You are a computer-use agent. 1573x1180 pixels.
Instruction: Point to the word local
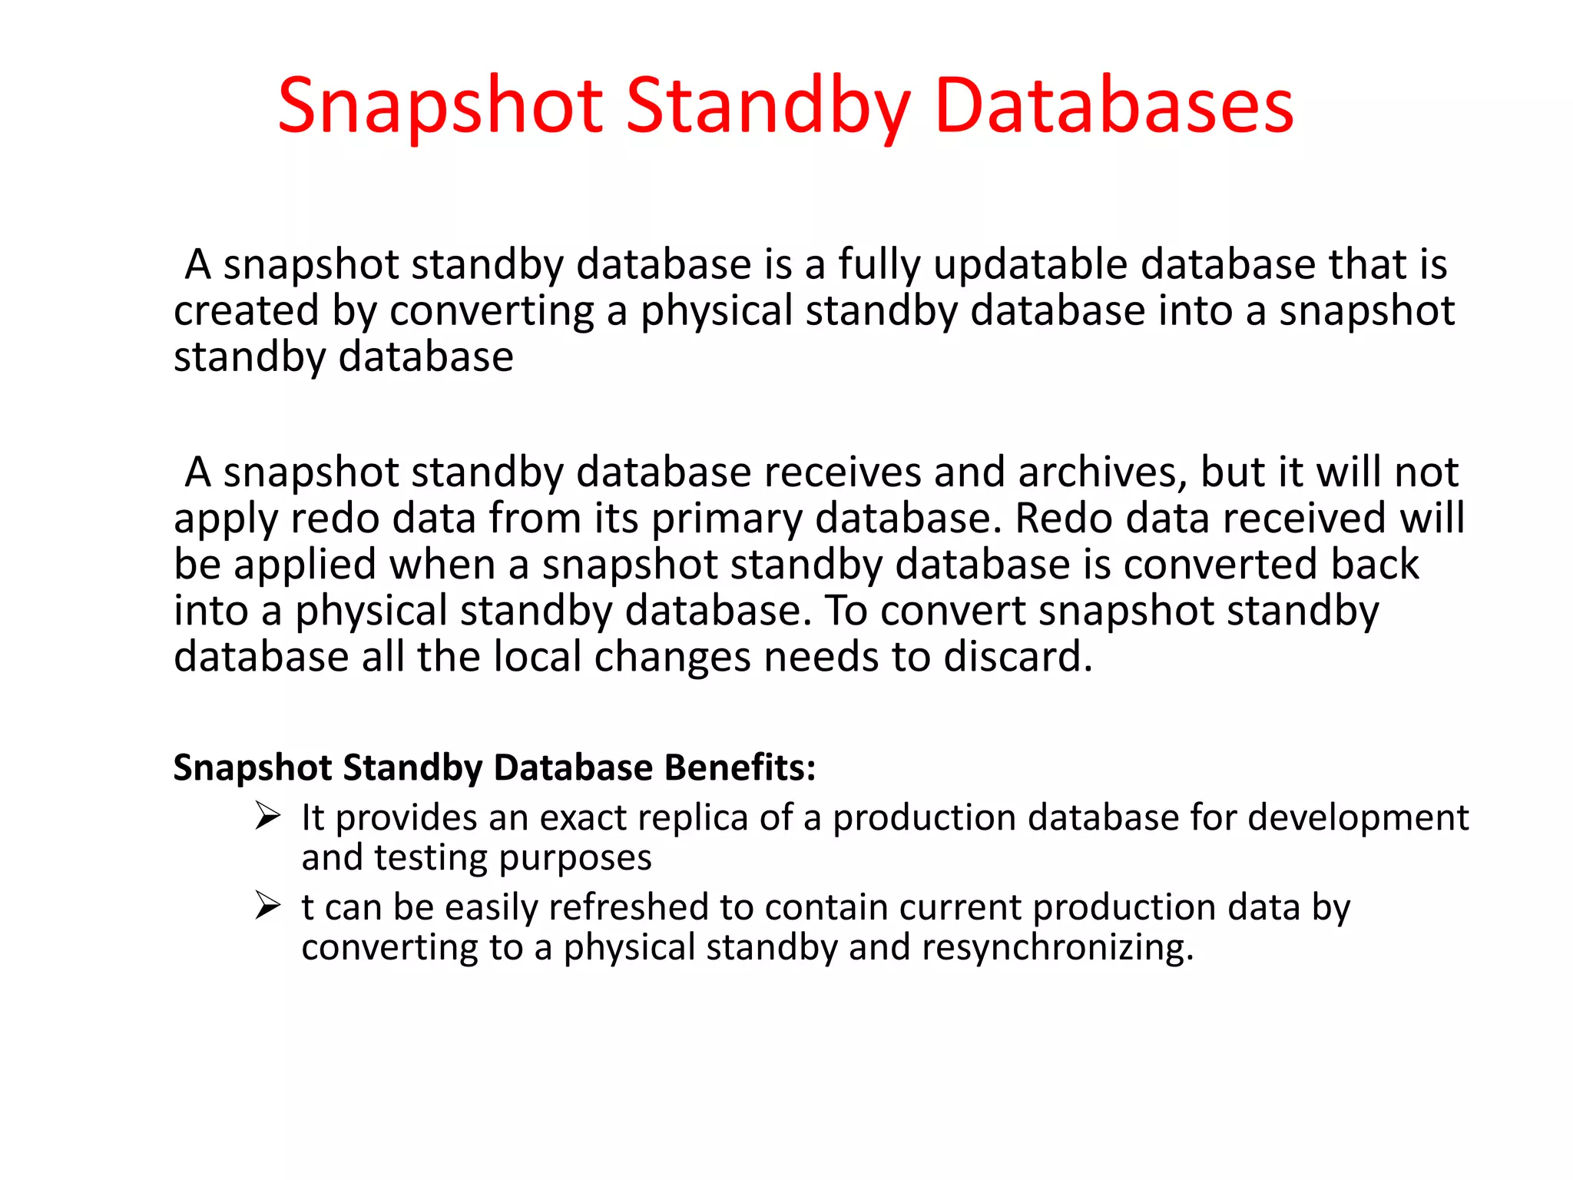(x=537, y=657)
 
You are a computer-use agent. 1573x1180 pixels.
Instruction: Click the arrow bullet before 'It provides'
(x=267, y=816)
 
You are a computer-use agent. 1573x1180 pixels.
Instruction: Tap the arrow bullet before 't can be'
(x=267, y=906)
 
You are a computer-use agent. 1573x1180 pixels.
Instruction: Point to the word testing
(x=430, y=858)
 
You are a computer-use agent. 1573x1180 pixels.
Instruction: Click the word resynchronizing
(x=1058, y=947)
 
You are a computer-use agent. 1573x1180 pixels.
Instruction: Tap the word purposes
(x=575, y=858)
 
